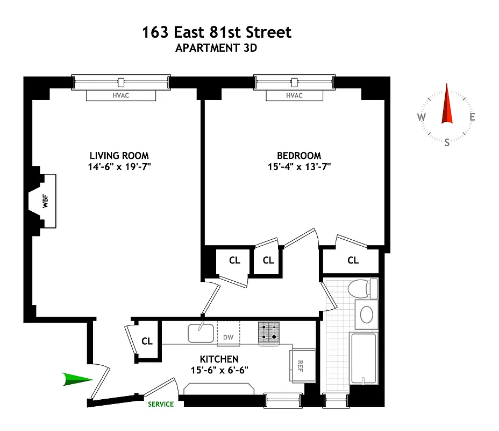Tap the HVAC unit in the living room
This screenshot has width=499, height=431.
121,95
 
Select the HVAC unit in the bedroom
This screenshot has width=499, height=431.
294,95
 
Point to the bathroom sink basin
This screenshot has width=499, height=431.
367,315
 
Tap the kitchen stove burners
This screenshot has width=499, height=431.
269,332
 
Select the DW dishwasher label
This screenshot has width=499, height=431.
228,337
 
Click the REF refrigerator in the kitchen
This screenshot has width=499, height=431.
300,365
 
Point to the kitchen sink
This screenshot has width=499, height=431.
201,332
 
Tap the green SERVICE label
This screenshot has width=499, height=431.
161,404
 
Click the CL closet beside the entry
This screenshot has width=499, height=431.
147,341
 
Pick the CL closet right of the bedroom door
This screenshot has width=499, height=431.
353,261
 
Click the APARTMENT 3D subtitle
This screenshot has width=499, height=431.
216,47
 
